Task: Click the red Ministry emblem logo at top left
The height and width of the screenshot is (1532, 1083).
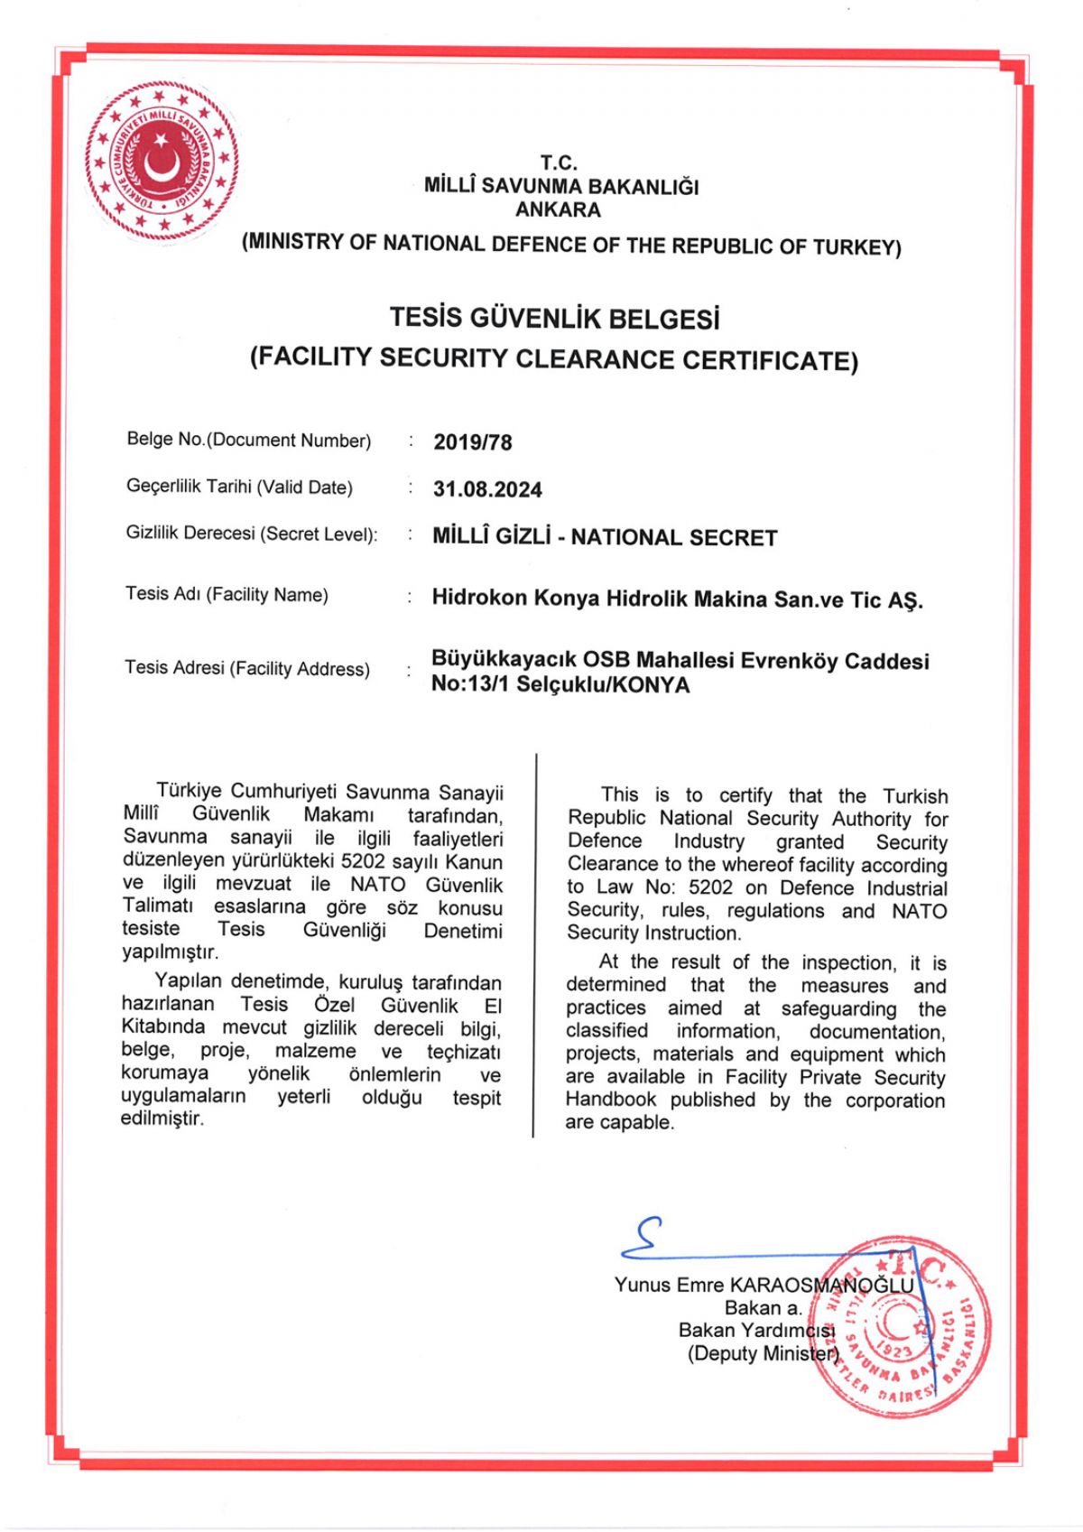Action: click(x=162, y=161)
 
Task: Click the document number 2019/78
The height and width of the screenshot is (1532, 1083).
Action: click(x=472, y=442)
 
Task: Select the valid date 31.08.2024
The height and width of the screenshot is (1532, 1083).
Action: click(x=487, y=489)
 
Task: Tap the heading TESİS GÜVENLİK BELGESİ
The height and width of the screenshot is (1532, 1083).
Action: click(x=554, y=319)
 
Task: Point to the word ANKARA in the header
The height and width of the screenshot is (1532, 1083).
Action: click(x=558, y=210)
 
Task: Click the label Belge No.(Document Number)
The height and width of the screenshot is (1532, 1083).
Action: click(x=249, y=440)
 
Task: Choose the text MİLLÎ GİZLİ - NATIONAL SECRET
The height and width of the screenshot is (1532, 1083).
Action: click(x=605, y=537)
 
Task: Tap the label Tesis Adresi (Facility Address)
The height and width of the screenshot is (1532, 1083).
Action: click(x=247, y=668)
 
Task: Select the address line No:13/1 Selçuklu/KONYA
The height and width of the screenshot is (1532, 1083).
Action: click(x=560, y=684)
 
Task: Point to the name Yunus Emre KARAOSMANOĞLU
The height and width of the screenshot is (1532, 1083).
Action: click(x=764, y=1285)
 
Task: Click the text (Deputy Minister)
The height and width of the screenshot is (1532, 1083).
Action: click(x=763, y=1353)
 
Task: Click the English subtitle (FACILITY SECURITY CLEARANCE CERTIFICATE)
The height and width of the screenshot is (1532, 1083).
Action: click(x=554, y=359)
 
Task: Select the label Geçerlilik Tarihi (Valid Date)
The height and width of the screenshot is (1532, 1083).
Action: click(x=239, y=487)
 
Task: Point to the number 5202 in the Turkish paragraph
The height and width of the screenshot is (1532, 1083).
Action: click(x=365, y=861)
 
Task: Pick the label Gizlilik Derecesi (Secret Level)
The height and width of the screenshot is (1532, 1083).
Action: click(x=252, y=534)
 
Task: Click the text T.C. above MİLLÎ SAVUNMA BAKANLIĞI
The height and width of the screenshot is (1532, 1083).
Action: click(x=559, y=163)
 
